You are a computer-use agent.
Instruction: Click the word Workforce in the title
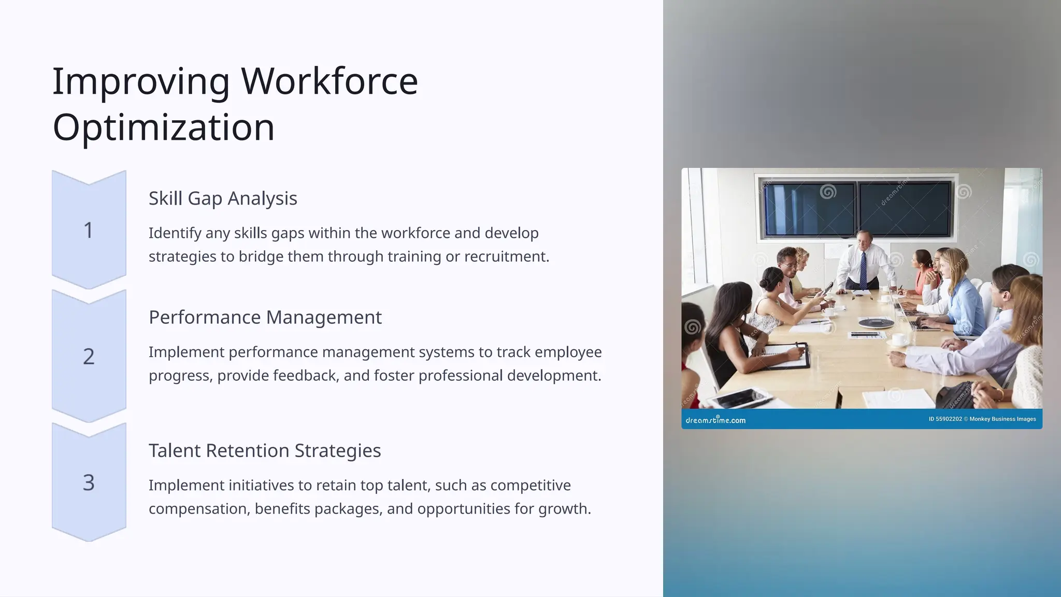click(x=329, y=81)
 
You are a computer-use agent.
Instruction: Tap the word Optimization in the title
click(x=164, y=127)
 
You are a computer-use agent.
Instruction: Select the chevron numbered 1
click(x=89, y=230)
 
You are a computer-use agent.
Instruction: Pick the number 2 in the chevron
click(x=89, y=357)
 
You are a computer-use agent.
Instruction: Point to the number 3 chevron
click(x=89, y=482)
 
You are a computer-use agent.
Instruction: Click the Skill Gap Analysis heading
click(x=223, y=198)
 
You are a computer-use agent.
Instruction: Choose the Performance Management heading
click(x=265, y=317)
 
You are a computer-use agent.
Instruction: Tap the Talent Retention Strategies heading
click(x=264, y=451)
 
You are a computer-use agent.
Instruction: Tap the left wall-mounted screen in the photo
click(x=809, y=209)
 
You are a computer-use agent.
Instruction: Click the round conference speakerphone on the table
click(x=876, y=323)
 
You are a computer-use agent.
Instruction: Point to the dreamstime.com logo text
click(x=715, y=420)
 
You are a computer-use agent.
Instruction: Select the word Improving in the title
click(x=141, y=81)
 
